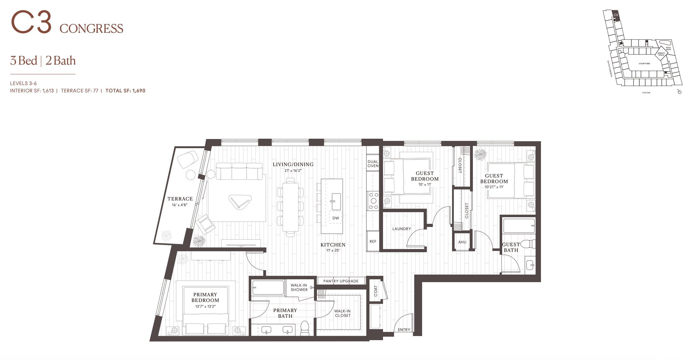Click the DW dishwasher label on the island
click(335, 218)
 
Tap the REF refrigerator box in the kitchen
click(373, 241)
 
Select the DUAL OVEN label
click(373, 164)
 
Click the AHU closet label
click(462, 242)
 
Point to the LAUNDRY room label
click(401, 229)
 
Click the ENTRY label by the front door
click(404, 330)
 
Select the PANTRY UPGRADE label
click(341, 281)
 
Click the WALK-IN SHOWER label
click(299, 287)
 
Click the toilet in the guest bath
click(528, 244)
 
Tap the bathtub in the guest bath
click(519, 226)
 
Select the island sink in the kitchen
click(336, 201)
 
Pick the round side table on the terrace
click(191, 175)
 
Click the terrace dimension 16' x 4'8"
click(180, 205)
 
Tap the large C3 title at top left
click(31, 23)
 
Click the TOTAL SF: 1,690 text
click(125, 91)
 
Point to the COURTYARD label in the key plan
click(644, 64)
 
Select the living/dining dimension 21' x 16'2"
click(293, 171)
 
